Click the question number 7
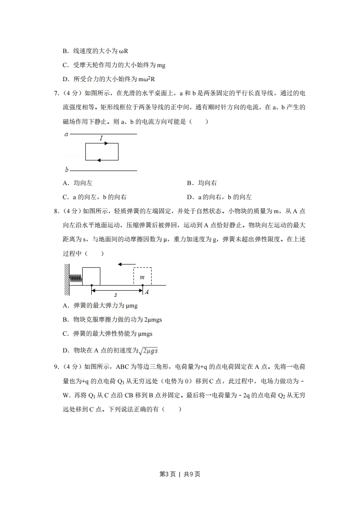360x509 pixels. tap(56, 93)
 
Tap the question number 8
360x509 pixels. tap(56, 211)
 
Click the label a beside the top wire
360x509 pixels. tap(66, 134)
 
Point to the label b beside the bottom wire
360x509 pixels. tap(66, 170)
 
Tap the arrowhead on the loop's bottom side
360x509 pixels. tap(99, 160)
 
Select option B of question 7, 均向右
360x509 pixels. tap(202, 183)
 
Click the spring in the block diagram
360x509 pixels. tap(76, 276)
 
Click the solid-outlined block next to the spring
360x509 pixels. tap(91, 276)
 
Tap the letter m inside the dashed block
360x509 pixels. tap(142, 277)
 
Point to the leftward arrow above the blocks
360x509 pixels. tap(126, 264)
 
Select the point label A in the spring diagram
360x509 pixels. tap(147, 292)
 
